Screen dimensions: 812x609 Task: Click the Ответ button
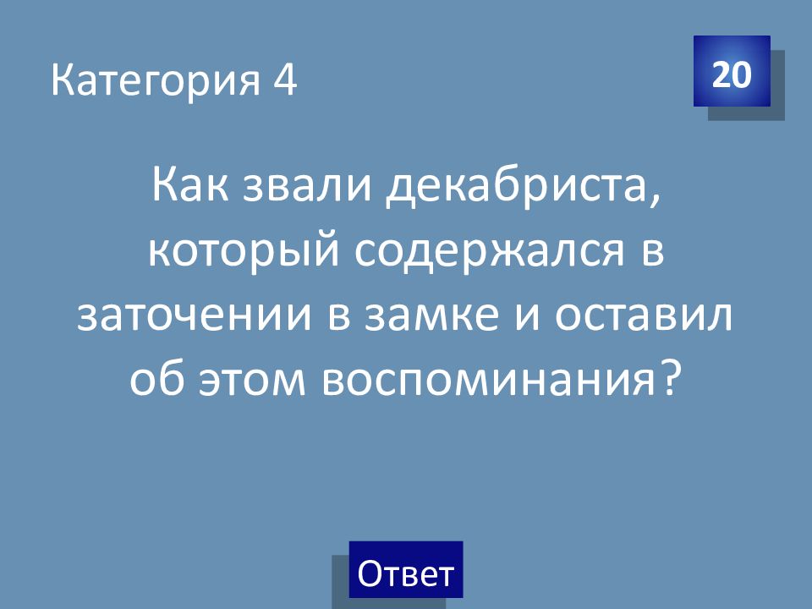pyautogui.click(x=405, y=569)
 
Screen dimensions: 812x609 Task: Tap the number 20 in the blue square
pyautogui.click(x=731, y=74)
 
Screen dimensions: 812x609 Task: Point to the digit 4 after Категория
pyautogui.click(x=285, y=80)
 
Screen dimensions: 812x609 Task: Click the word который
pyautogui.click(x=244, y=252)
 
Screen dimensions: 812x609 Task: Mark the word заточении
pyautogui.click(x=195, y=315)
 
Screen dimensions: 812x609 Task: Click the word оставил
pyautogui.click(x=644, y=315)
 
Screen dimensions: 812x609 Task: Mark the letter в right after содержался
pyautogui.click(x=653, y=252)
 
